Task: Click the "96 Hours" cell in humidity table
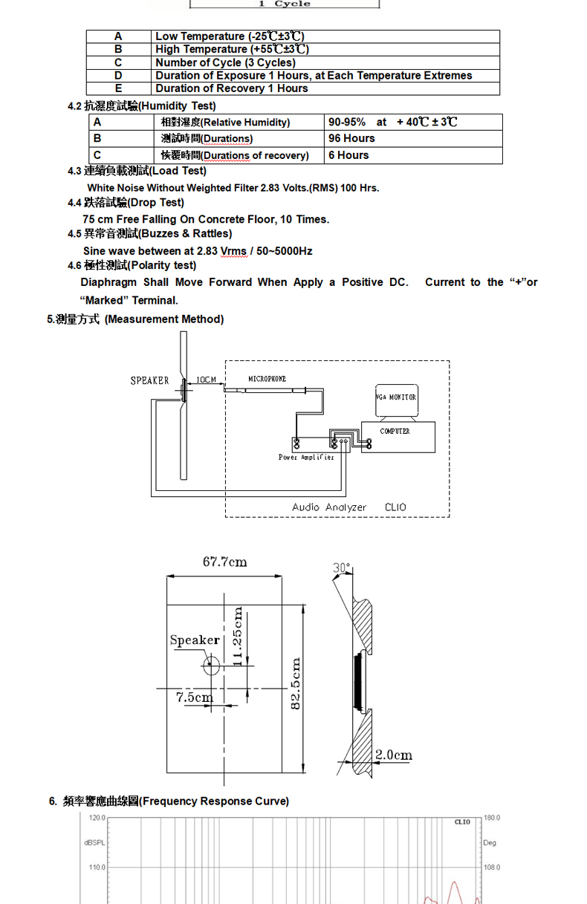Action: click(x=351, y=138)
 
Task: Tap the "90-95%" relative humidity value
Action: click(x=347, y=122)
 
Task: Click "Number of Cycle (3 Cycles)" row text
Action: click(x=225, y=62)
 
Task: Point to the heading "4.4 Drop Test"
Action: click(x=126, y=203)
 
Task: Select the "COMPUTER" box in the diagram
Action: click(x=395, y=432)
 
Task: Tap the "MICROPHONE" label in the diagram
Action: click(x=267, y=380)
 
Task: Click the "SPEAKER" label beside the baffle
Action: click(x=149, y=380)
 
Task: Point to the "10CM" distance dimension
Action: click(x=206, y=380)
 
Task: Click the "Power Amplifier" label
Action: click(x=306, y=458)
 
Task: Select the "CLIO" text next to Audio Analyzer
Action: click(x=395, y=507)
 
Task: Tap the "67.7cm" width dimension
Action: click(x=224, y=562)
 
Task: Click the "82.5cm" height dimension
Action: click(x=295, y=683)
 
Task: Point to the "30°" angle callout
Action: click(x=341, y=568)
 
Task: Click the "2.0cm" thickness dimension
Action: click(x=393, y=755)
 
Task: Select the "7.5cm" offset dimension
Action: click(x=194, y=697)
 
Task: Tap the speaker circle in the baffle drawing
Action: click(x=211, y=664)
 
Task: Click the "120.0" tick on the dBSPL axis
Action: click(x=97, y=818)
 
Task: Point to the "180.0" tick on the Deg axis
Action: click(x=492, y=818)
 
